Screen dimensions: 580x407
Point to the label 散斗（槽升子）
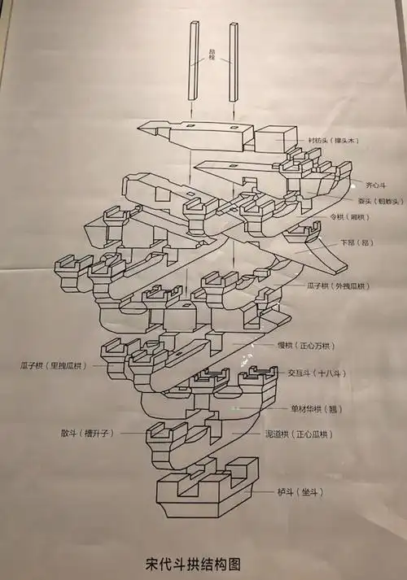[x=88, y=434]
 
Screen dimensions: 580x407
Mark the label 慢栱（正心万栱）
[x=311, y=346]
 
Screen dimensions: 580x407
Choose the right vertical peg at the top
[x=234, y=61]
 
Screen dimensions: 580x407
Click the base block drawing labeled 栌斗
[x=208, y=492]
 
